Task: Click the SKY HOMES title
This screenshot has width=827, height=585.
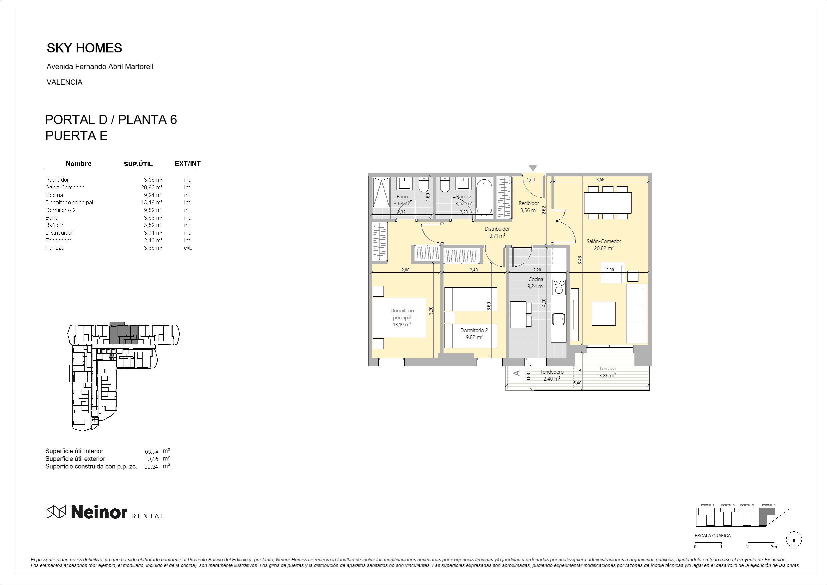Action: click(x=84, y=48)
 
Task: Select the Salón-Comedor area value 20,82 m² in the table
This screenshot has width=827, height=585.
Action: click(x=152, y=187)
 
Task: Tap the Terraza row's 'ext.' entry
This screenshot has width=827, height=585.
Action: click(x=188, y=248)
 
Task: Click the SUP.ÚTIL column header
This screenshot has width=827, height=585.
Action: click(x=138, y=164)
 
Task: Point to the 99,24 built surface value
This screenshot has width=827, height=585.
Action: click(x=151, y=467)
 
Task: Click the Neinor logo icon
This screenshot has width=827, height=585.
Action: click(x=57, y=512)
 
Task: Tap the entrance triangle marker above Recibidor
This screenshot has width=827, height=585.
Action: click(x=533, y=168)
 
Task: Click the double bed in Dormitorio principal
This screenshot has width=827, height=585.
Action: click(x=399, y=318)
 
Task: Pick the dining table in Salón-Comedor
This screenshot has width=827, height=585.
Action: click(x=608, y=203)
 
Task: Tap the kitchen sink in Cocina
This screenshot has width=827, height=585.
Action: click(x=559, y=319)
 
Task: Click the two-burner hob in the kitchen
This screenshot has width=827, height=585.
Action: click(x=559, y=287)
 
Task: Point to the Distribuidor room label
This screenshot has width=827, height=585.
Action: click(x=497, y=229)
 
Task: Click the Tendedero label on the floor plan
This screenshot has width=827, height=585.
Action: click(x=551, y=372)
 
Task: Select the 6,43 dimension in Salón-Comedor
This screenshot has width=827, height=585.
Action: click(x=580, y=260)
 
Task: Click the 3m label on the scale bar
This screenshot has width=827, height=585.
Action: click(x=774, y=547)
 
